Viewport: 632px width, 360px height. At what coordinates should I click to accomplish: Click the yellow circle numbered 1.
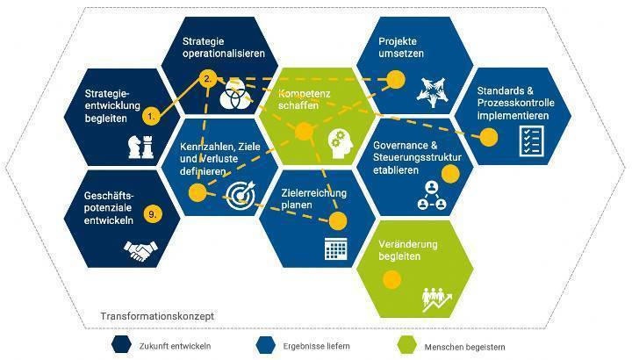coord(151,117)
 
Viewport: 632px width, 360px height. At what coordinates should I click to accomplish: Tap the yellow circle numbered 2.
coord(208,79)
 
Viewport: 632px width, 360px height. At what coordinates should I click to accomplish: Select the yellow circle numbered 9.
coord(153,213)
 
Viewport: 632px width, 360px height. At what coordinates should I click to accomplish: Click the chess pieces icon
coord(141,147)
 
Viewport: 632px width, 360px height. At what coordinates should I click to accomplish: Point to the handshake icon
coord(140,251)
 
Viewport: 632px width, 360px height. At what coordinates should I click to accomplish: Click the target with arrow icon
coord(241,195)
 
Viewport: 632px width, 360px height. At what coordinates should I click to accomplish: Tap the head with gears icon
coord(341,144)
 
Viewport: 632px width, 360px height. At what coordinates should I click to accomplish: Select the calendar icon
coord(335,248)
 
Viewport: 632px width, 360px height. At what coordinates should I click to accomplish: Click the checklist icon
coord(532,140)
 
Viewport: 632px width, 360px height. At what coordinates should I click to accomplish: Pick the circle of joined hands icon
coord(432,92)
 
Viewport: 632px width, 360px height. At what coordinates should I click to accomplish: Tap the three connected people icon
coord(432,196)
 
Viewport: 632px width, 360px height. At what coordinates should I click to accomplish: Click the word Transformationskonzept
coord(157,316)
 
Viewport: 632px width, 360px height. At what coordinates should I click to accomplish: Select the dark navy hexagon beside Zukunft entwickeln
coord(121,345)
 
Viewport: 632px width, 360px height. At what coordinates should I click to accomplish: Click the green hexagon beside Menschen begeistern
coord(406,345)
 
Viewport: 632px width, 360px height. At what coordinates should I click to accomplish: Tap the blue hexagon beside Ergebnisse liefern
coord(265,345)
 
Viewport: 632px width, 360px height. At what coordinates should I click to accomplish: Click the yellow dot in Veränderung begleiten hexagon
coord(391,279)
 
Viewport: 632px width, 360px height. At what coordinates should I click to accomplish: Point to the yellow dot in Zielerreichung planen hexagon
coord(338,221)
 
